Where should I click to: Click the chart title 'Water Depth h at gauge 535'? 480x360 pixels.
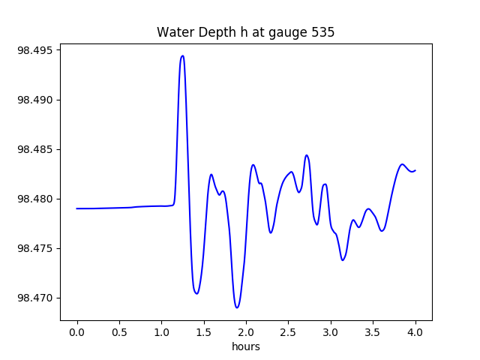click(245, 32)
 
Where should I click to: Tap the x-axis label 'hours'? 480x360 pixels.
click(245, 346)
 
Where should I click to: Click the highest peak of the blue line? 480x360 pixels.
click(182, 55)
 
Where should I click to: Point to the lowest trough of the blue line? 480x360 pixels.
click(237, 307)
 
